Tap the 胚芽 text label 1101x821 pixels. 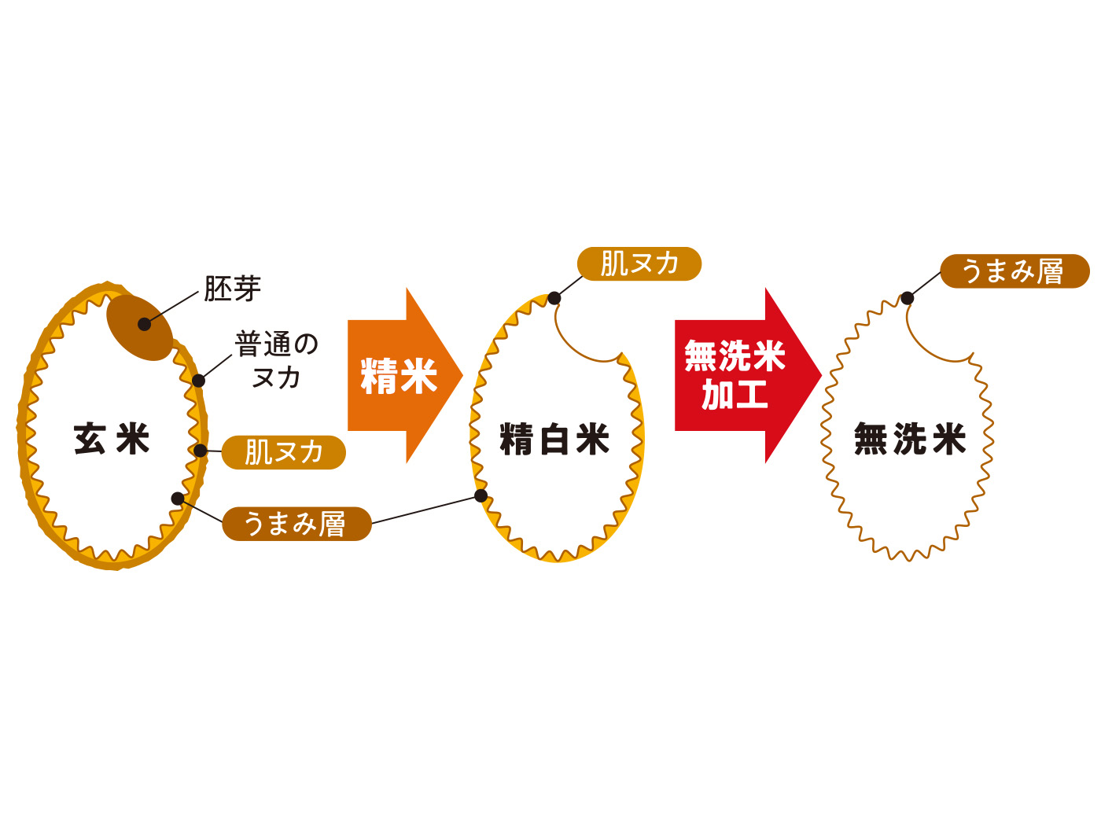(232, 289)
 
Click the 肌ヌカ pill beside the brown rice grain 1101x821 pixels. (284, 452)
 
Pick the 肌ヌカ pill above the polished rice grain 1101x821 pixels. (639, 263)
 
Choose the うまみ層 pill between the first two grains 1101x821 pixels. (296, 524)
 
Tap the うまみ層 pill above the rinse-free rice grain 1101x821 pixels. (1014, 271)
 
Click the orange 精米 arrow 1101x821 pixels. (401, 376)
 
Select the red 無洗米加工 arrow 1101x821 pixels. (739, 376)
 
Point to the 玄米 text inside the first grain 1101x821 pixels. (112, 439)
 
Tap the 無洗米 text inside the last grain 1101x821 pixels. (910, 439)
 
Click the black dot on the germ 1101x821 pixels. (145, 324)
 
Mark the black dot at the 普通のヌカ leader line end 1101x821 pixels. (198, 381)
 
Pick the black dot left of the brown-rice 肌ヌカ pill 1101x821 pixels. (201, 451)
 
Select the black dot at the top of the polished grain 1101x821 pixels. (554, 298)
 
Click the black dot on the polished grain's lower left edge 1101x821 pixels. (481, 495)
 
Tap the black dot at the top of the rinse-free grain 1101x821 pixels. (908, 298)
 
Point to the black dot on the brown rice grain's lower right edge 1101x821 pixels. (178, 499)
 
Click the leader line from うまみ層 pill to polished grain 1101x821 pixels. (425, 510)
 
